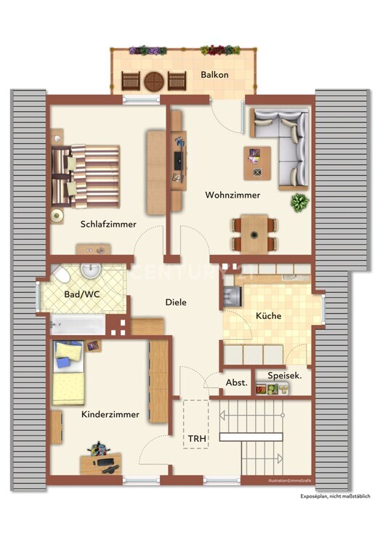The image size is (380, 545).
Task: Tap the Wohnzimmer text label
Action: tap(233, 195)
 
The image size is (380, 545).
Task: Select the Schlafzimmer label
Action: tap(108, 225)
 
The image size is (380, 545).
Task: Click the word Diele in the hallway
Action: tap(177, 303)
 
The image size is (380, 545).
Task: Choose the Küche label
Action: tap(267, 315)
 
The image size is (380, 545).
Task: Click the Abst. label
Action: tap(236, 382)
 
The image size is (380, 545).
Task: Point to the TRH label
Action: tap(196, 439)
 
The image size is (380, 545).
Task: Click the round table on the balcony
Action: tap(153, 81)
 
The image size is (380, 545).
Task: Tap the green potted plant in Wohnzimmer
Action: tap(299, 202)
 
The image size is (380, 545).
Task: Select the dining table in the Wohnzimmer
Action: tap(254, 232)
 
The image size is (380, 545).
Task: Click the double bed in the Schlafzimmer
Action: tap(85, 175)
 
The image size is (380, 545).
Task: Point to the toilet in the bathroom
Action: tap(61, 275)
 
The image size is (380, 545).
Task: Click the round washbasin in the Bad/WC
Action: tap(91, 271)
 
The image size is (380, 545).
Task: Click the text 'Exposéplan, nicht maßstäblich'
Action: tap(336, 496)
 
